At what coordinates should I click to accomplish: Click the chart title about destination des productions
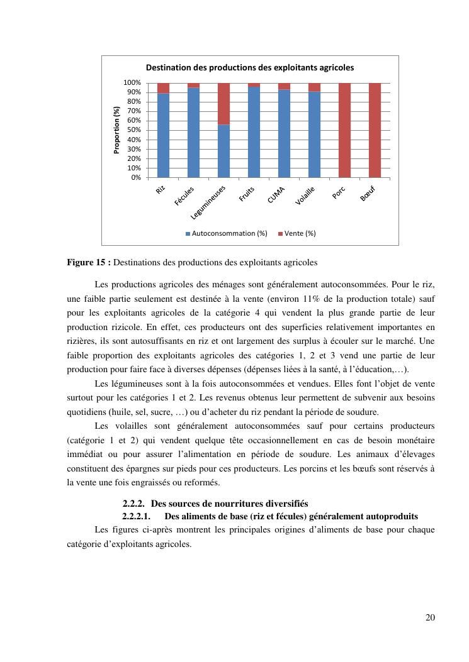(250, 67)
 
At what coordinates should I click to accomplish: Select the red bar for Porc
(344, 130)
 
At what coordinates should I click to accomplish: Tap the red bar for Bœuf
(375, 130)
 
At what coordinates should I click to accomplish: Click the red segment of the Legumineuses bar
(223, 104)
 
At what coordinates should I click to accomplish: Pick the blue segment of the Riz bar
(163, 135)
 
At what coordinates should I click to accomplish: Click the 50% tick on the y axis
(132, 130)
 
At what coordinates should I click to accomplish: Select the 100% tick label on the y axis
(132, 83)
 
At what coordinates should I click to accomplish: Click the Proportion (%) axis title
(116, 130)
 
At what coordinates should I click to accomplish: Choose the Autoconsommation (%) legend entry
(226, 233)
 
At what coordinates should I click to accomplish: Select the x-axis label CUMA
(276, 194)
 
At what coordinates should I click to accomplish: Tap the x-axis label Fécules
(184, 196)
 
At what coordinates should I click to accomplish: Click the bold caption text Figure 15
(89, 262)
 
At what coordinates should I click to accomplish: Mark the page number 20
(430, 617)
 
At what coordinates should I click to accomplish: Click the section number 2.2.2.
(134, 504)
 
